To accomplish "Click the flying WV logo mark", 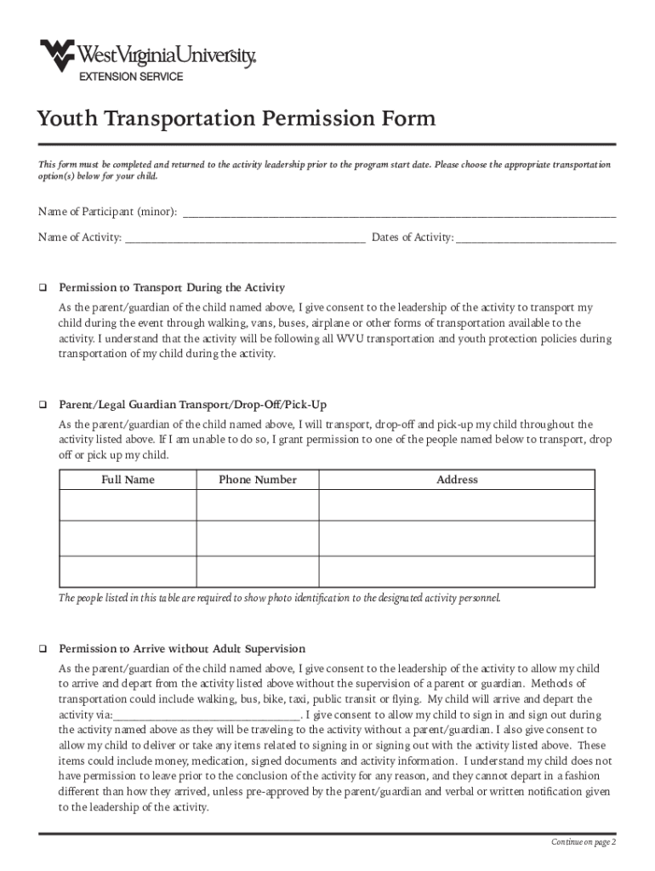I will pos(57,55).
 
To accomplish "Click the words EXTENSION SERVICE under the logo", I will pos(131,77).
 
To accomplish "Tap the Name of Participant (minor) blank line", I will pos(399,213).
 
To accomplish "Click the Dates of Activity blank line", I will pos(535,238).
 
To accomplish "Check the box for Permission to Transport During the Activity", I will pos(41,287).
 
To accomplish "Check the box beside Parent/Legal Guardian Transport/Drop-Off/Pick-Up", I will pos(41,405).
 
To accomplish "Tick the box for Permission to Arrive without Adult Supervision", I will pos(41,650).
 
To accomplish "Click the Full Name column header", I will pos(128,480).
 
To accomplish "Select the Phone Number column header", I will pos(258,480).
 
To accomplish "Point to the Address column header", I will pos(457,480).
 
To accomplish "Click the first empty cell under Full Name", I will pos(128,505).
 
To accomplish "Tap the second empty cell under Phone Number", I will pos(258,538).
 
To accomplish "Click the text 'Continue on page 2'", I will pos(583,842).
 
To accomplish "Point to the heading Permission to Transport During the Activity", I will pos(172,287).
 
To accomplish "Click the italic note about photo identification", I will pos(280,598).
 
